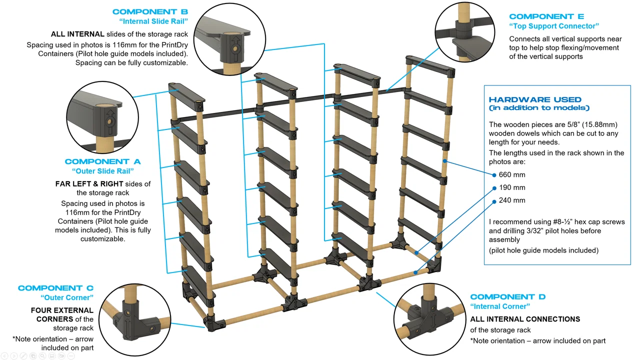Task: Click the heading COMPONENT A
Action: [x=102, y=161]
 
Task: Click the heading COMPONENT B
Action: [x=150, y=11]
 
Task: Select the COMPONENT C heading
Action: [x=55, y=288]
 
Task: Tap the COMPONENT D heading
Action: [x=507, y=297]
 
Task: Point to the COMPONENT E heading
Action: [x=546, y=16]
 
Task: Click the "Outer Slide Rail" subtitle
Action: [x=102, y=171]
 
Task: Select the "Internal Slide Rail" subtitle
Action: [x=153, y=21]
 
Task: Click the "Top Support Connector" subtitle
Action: [x=553, y=26]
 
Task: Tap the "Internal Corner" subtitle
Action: [x=500, y=306]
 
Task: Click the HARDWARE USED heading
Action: [x=535, y=99]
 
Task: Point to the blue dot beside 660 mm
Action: [x=494, y=174]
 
